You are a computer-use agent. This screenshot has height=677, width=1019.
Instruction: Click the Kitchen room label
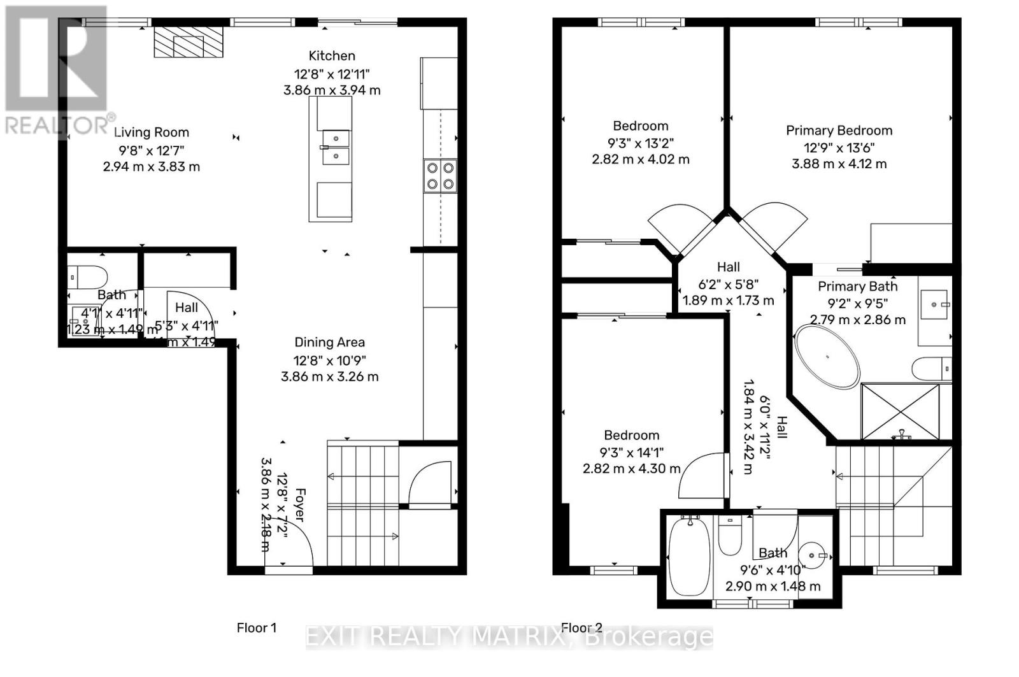click(x=332, y=56)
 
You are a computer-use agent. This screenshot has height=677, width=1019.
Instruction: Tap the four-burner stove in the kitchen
click(x=440, y=175)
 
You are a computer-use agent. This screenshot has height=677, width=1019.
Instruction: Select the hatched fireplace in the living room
click(x=189, y=42)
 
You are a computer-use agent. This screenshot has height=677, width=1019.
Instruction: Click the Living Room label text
click(x=152, y=132)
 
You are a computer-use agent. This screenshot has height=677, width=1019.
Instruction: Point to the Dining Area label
click(x=329, y=343)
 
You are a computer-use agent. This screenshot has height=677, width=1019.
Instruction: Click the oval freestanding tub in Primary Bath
click(x=827, y=357)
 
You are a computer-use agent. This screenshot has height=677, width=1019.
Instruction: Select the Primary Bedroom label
click(x=839, y=131)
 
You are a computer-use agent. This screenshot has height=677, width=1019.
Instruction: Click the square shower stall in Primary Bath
click(x=900, y=411)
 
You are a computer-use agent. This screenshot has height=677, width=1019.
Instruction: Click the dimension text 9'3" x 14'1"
click(x=632, y=452)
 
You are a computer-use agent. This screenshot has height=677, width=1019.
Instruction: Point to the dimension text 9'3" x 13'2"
click(x=640, y=143)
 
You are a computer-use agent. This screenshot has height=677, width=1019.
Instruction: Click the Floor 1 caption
click(x=257, y=628)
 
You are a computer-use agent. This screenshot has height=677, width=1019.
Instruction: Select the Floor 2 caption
click(x=581, y=628)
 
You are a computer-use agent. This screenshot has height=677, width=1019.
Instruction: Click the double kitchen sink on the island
click(x=335, y=147)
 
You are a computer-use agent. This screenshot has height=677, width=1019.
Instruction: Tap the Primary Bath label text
click(x=857, y=287)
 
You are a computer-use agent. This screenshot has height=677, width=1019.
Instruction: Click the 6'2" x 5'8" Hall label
click(x=729, y=284)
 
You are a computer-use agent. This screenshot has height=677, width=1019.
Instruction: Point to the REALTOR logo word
click(x=57, y=125)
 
